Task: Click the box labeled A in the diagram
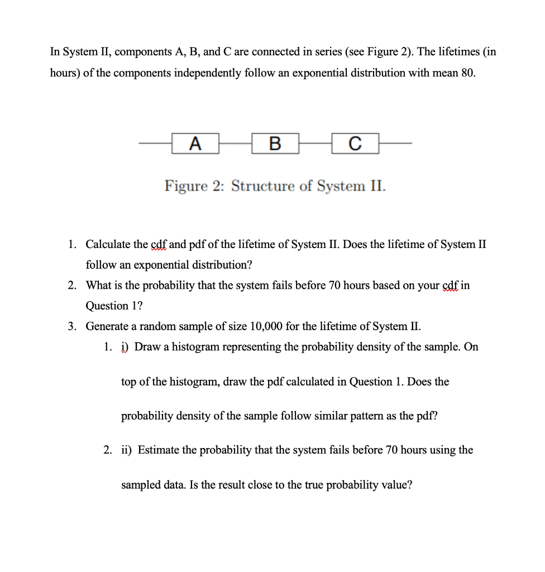click(x=195, y=144)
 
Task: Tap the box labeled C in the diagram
click(x=355, y=144)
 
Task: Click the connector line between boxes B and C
click(x=315, y=144)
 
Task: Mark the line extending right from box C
click(x=396, y=144)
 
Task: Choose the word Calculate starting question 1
click(x=109, y=244)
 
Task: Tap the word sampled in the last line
click(x=140, y=484)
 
